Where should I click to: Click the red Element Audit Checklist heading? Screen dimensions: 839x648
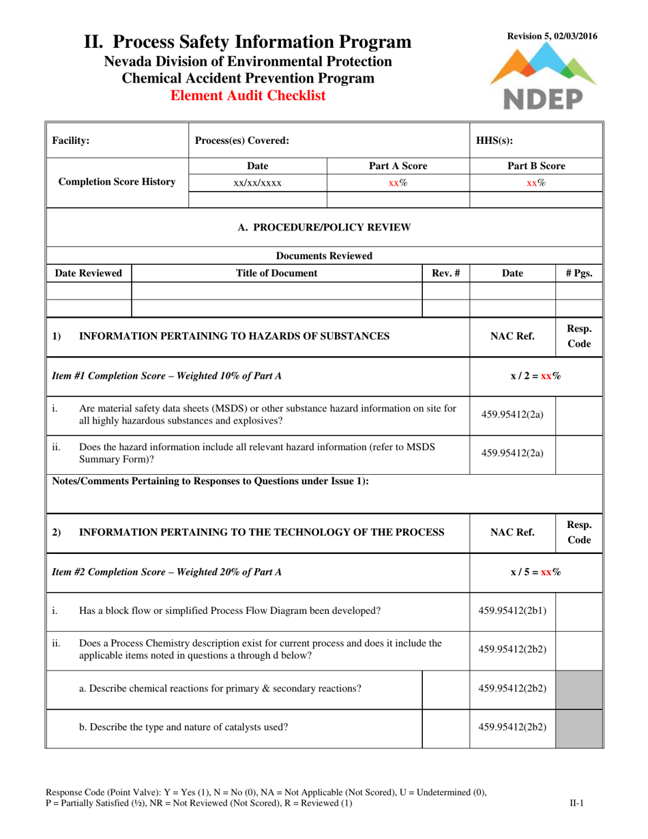tap(248, 96)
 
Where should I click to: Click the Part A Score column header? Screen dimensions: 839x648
tap(398, 166)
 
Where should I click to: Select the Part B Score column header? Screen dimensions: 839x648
tap(536, 166)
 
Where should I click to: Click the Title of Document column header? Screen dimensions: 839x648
tap(276, 273)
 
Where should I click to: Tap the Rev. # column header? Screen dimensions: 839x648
tap(446, 273)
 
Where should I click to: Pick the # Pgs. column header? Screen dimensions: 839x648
tap(579, 273)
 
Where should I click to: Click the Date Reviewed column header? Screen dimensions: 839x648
tap(89, 273)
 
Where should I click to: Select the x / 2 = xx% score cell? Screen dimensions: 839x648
tap(536, 375)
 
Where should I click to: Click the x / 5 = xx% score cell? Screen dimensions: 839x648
tap(536, 573)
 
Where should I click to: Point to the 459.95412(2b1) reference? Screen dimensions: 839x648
tap(513, 610)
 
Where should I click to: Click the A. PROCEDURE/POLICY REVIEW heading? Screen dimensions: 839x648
tap(324, 227)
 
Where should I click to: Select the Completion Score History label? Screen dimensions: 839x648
tap(117, 182)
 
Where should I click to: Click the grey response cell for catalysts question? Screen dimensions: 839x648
tap(579, 726)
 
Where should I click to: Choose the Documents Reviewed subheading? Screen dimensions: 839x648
tap(324, 256)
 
